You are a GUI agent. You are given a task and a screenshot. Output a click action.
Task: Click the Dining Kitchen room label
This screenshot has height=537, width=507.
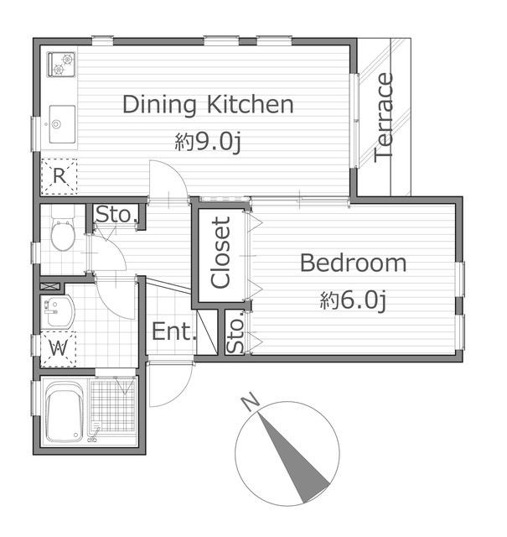click(x=208, y=105)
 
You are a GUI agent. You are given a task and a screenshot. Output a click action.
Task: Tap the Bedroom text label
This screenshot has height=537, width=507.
click(x=354, y=263)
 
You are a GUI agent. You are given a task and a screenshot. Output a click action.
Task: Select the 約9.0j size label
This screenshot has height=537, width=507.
click(x=209, y=142)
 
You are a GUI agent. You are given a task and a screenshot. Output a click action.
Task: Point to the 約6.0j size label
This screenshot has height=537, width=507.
click(x=354, y=300)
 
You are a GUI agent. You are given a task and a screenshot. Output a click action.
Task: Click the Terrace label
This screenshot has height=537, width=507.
click(x=383, y=117)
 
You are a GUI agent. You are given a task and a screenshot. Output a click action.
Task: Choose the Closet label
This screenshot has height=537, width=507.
click(x=221, y=253)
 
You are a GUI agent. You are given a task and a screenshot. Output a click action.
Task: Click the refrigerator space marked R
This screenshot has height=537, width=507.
click(x=59, y=176)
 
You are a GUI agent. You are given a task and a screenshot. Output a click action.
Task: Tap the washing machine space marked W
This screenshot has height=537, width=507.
click(x=58, y=349)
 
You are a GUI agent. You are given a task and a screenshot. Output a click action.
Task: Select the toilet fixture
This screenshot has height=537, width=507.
click(x=63, y=227)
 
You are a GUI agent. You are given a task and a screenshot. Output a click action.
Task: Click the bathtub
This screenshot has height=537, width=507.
click(x=64, y=412)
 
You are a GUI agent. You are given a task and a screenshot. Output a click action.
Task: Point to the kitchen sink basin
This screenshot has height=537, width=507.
click(x=62, y=124)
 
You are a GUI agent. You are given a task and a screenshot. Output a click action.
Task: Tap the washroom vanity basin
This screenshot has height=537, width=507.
click(x=57, y=312)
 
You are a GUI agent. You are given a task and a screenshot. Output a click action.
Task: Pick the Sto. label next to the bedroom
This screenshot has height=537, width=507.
click(x=235, y=331)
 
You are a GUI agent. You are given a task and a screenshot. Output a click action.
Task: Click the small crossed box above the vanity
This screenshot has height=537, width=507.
click(x=50, y=286)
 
